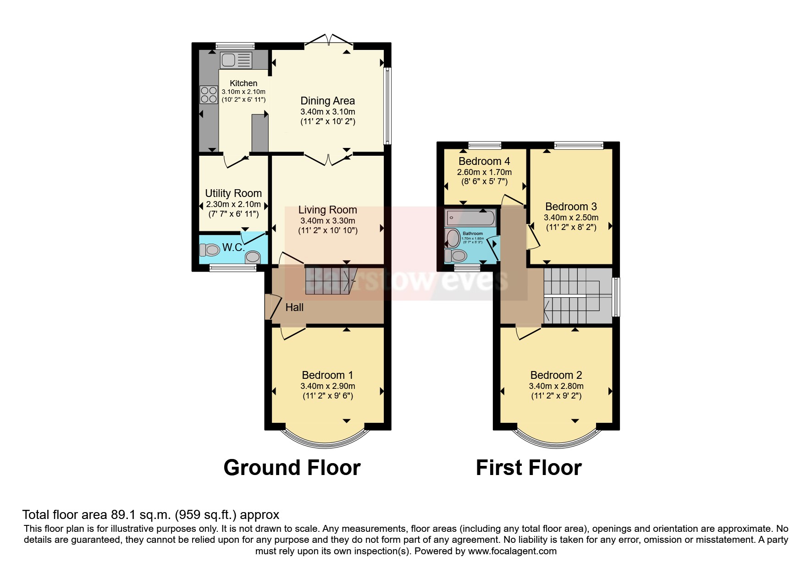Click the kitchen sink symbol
point(236,60)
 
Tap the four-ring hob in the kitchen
point(209,95)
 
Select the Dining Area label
point(327,101)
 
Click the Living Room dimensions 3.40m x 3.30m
point(327,221)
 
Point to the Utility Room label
point(233,193)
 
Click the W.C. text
point(233,248)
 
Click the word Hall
point(294,307)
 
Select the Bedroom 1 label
point(327,375)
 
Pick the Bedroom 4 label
point(484,161)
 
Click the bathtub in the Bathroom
point(471,218)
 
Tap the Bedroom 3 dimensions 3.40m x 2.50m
point(571,218)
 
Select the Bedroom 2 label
point(556,375)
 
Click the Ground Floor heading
point(292,468)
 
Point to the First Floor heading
point(529,468)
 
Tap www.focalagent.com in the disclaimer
point(513,551)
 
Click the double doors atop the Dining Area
point(329,40)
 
